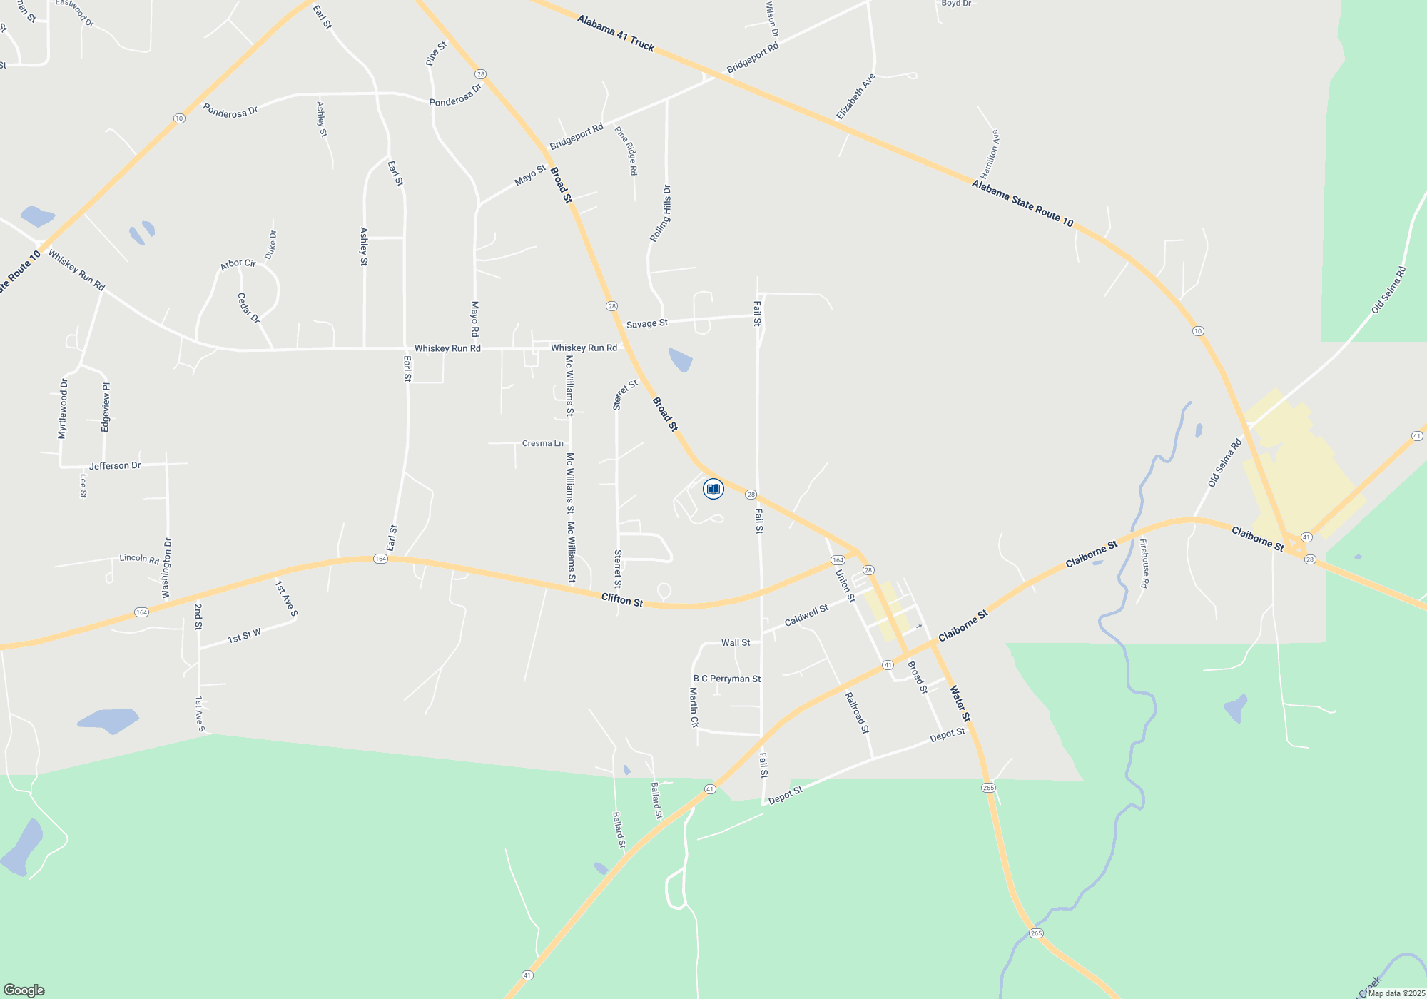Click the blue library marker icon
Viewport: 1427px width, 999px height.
713,489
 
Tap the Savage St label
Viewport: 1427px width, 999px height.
646,323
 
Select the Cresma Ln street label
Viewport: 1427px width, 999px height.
542,443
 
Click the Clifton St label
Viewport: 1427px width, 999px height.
621,600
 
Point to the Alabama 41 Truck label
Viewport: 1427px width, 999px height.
615,34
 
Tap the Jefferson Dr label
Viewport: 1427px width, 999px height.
115,465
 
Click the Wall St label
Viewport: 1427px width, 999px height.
735,642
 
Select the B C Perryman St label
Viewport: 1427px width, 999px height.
727,679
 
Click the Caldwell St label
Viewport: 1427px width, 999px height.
806,615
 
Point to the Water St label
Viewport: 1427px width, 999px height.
960,704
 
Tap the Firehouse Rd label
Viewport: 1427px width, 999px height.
1144,563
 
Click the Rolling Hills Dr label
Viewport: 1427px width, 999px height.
661,213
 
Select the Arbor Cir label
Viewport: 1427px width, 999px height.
238,264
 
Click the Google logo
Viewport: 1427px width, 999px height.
24,990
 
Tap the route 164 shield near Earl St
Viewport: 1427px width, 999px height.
380,559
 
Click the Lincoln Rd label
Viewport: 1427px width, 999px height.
139,559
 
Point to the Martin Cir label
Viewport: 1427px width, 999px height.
694,707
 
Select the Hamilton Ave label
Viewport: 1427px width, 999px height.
990,154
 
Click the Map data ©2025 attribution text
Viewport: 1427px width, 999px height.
1396,993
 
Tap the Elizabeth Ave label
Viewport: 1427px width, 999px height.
855,97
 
